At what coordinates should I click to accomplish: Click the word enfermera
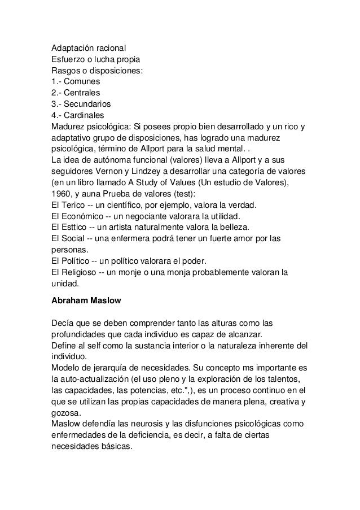(137, 239)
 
